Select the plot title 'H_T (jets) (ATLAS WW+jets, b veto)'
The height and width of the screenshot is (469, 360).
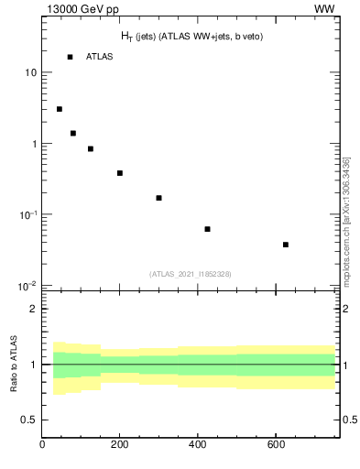(x=186, y=36)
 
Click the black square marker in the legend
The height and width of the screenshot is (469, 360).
(x=70, y=57)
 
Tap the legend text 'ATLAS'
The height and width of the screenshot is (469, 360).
(x=100, y=57)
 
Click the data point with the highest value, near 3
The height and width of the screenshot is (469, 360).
(x=60, y=109)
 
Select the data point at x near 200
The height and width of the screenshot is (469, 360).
(x=120, y=173)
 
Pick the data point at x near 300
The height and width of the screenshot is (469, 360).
(x=158, y=198)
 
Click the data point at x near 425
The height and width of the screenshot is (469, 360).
(x=207, y=229)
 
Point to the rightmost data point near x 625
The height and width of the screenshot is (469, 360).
(x=286, y=245)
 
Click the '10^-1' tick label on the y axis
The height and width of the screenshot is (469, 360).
(x=28, y=214)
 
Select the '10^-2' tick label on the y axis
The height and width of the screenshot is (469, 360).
(x=28, y=286)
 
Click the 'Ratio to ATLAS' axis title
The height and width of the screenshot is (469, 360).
(x=14, y=365)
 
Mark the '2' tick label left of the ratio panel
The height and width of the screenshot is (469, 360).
(x=33, y=309)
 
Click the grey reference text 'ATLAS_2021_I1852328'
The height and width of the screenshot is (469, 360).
(x=191, y=274)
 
